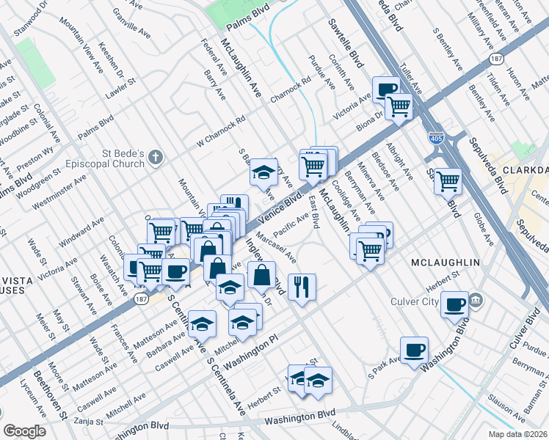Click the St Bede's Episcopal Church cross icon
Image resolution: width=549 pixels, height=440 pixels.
coord(155,156)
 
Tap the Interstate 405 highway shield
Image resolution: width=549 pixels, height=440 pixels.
coord(435,137)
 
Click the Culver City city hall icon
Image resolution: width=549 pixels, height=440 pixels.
coord(476,301)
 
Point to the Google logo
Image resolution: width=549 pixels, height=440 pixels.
coord(24,431)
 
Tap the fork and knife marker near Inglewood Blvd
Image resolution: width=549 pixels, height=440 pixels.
coord(302,286)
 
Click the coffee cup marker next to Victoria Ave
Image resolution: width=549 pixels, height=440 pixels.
coord(386,89)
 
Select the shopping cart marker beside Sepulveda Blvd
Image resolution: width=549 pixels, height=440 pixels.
coord(448,180)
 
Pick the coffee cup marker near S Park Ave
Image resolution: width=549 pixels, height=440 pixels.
coord(415,350)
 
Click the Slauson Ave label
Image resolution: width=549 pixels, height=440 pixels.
coord(525,426)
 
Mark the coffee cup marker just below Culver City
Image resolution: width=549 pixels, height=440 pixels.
coord(455,303)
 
